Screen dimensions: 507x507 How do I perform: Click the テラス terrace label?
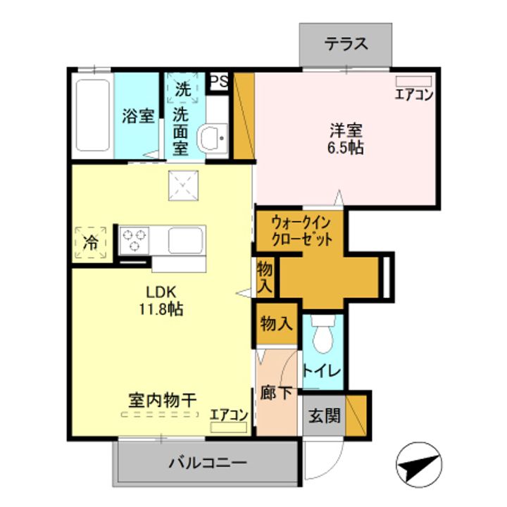tap(346, 44)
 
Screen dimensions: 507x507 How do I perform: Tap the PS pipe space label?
tap(219, 81)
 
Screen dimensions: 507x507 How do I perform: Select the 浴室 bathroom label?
tap(137, 116)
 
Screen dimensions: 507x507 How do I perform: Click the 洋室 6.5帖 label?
tap(346, 139)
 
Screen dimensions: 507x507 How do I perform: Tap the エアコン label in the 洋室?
tap(413, 95)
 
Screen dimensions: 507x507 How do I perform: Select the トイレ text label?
tap(322, 371)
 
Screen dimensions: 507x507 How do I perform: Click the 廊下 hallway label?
tap(275, 393)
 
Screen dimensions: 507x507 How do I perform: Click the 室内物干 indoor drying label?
tap(161, 399)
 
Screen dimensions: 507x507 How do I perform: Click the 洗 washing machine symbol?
tap(183, 89)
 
